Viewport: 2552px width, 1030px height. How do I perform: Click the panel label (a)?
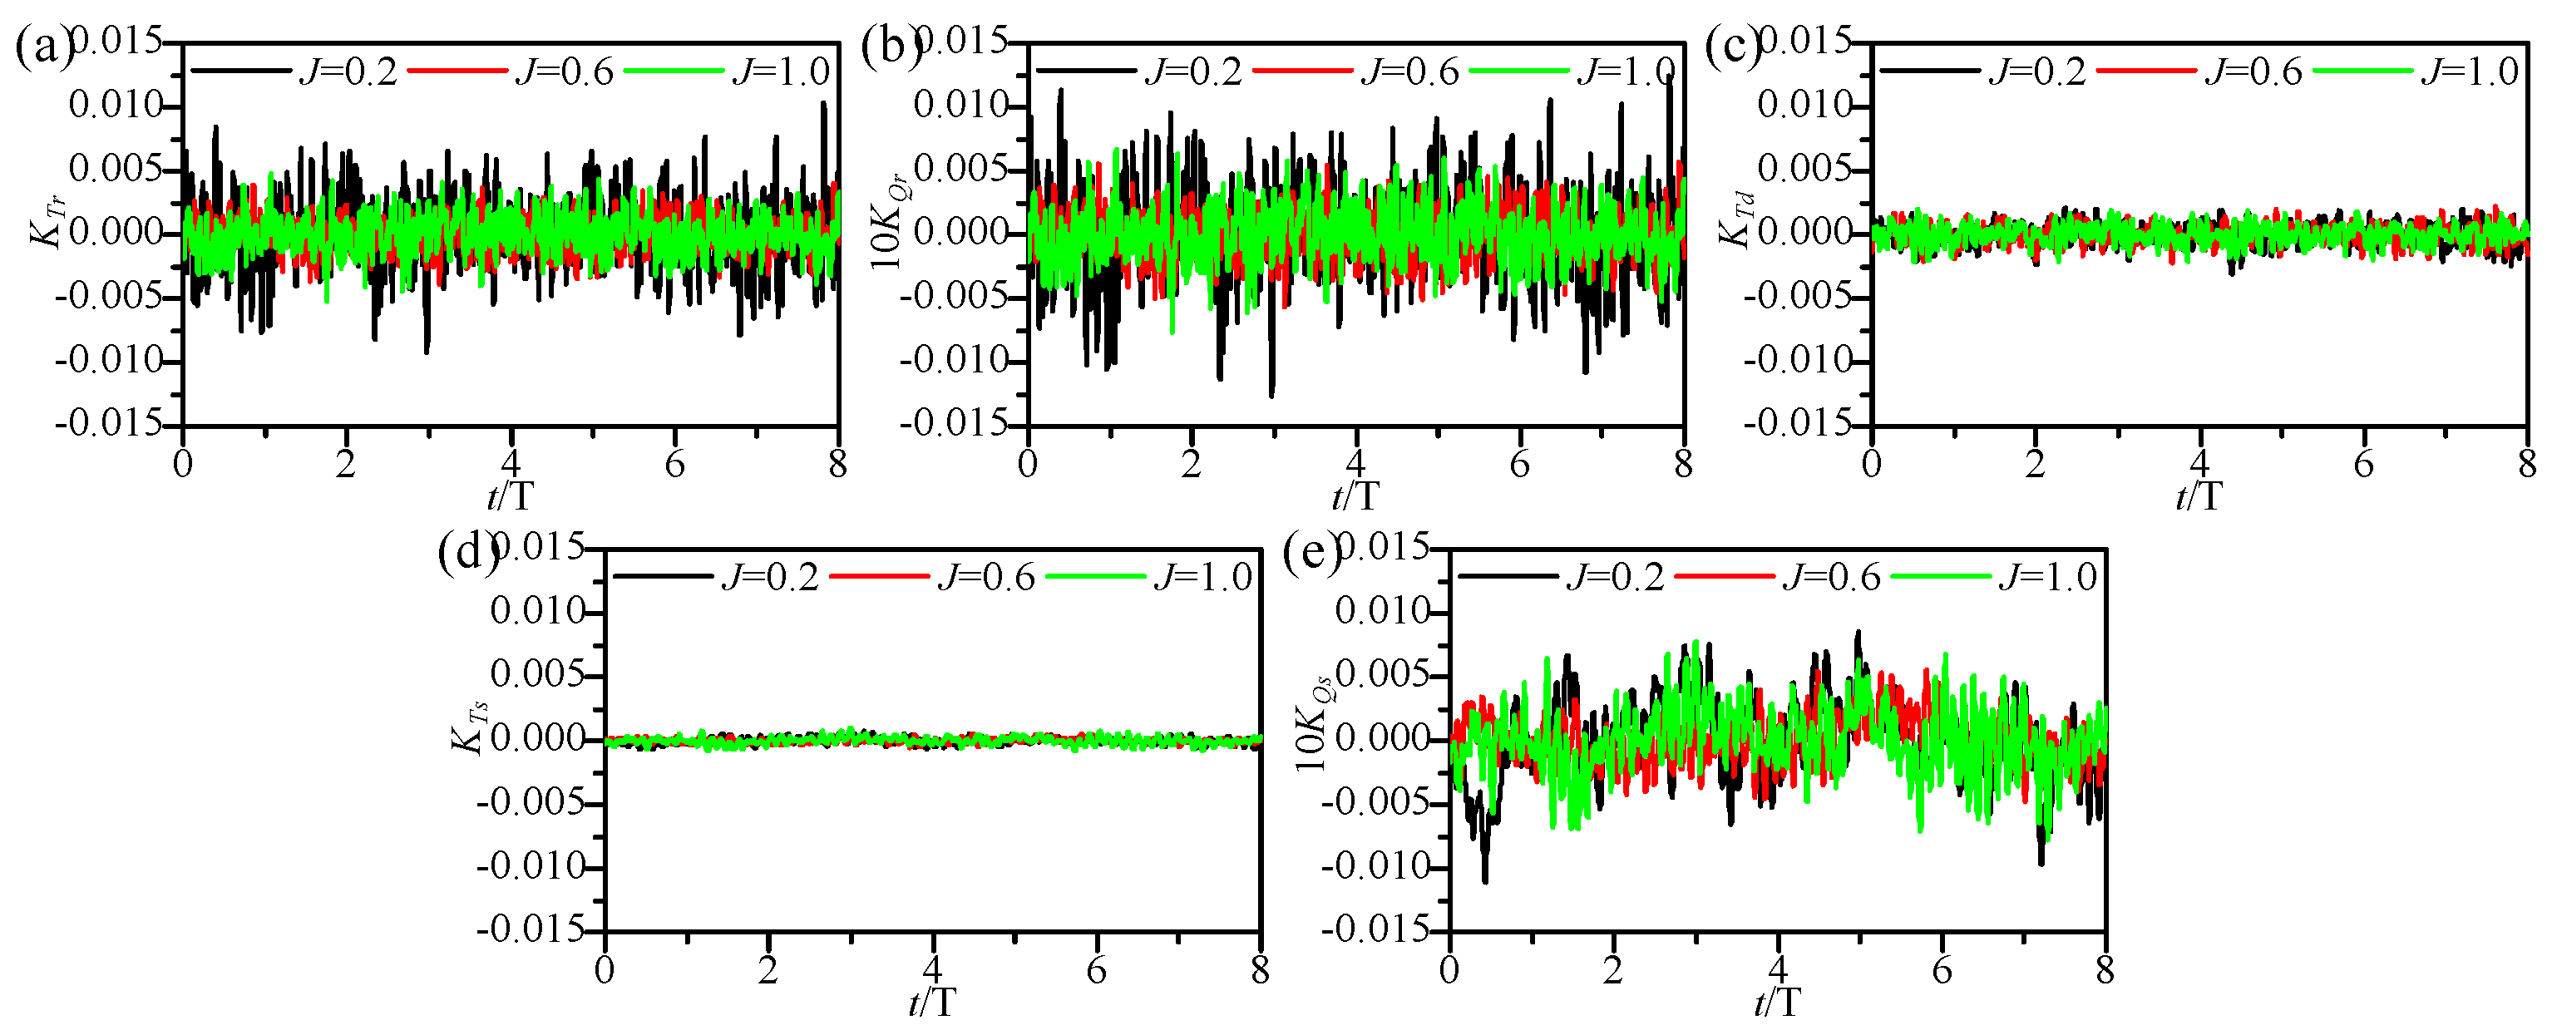(42, 47)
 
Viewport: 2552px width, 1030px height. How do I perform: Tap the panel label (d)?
(466, 553)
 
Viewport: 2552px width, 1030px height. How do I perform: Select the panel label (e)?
(1311, 553)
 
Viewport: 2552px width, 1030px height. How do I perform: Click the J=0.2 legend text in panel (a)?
(348, 71)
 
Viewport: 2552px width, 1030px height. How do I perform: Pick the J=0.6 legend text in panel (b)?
(1409, 71)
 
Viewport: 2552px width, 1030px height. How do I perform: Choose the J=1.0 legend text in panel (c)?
(2470, 71)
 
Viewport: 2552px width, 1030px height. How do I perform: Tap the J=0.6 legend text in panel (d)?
(985, 576)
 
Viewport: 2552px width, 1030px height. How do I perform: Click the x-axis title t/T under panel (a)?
(511, 495)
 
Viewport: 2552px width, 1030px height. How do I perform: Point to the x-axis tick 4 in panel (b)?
(1355, 464)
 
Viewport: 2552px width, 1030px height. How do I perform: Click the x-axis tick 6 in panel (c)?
(2364, 464)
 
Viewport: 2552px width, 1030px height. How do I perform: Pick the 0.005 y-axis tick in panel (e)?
(1382, 675)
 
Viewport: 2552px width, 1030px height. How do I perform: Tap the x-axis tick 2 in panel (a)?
(346, 464)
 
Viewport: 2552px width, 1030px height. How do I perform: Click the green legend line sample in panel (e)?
(1940, 576)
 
